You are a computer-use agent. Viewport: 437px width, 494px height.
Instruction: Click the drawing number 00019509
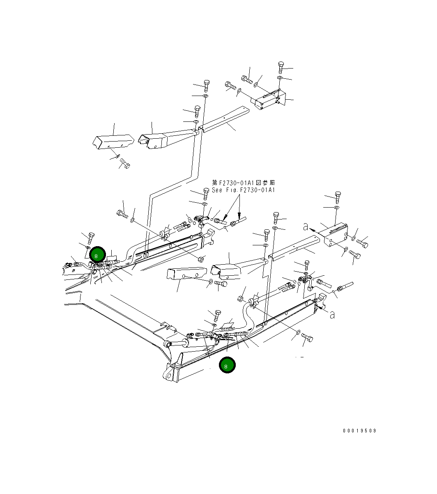tap(359, 431)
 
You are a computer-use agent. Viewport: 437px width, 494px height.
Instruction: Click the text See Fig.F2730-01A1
tap(244, 190)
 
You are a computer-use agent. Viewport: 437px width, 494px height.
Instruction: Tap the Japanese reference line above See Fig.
tap(244, 183)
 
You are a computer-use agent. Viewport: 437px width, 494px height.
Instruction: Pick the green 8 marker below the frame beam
tap(227, 365)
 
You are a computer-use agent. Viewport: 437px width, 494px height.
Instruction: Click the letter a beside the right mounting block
tap(305, 226)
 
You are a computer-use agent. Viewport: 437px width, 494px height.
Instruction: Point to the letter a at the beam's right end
tap(332, 315)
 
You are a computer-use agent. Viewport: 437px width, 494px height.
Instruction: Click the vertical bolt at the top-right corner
tap(281, 66)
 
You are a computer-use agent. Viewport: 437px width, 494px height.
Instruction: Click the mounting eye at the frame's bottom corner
tap(168, 375)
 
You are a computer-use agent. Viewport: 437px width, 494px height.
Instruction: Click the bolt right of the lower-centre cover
tap(221, 283)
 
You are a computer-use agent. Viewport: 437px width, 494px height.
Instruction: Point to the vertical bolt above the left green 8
tap(92, 237)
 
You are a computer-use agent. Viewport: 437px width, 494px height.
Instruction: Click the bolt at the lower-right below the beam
tap(307, 338)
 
